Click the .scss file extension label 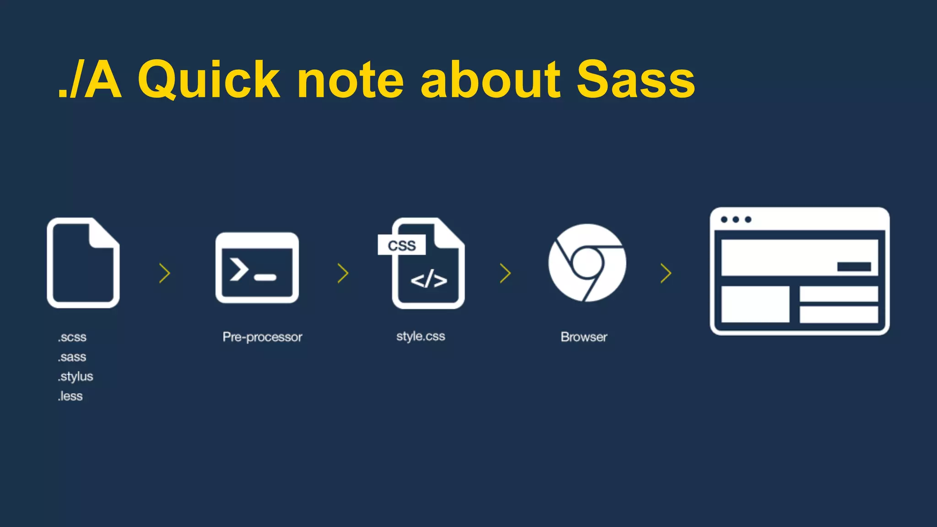click(x=72, y=337)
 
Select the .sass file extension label click(x=72, y=357)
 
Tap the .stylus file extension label click(x=75, y=376)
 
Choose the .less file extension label click(x=70, y=396)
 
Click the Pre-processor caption click(x=262, y=337)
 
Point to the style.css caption click(x=420, y=336)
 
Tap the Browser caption click(x=584, y=337)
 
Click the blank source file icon click(x=83, y=263)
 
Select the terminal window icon click(x=257, y=268)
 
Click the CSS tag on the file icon click(x=402, y=246)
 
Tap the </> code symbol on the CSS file click(x=429, y=280)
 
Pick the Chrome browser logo click(x=587, y=263)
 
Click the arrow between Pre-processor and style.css click(x=343, y=273)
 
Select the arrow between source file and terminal click(x=165, y=273)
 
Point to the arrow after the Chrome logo click(x=666, y=273)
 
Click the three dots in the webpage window click(x=736, y=220)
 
